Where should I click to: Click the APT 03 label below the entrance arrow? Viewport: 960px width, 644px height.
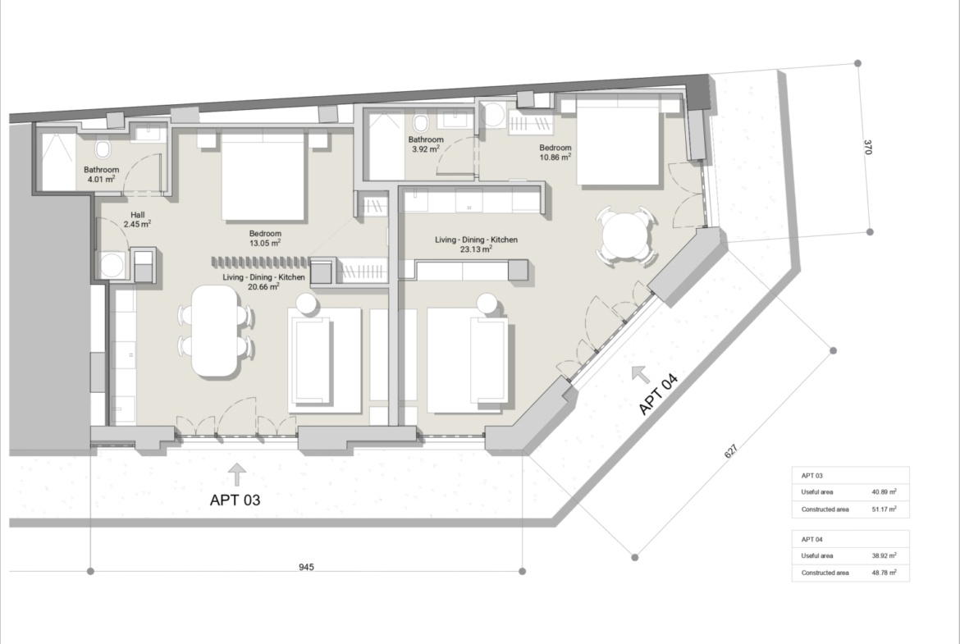[x=235, y=500]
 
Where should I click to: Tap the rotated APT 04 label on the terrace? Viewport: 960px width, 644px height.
[x=658, y=394]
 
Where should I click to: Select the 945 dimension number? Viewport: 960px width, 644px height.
[x=306, y=568]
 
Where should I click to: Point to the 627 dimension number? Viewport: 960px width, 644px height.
[x=731, y=451]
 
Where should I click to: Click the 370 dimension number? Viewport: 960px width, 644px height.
[x=867, y=148]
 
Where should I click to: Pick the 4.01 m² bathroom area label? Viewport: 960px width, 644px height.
[x=102, y=175]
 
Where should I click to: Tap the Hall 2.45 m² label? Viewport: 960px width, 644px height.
[x=137, y=220]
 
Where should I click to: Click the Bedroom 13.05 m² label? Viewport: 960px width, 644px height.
[x=265, y=238]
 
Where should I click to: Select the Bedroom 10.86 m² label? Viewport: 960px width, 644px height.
[x=555, y=152]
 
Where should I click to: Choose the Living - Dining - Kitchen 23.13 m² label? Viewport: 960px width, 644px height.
[x=477, y=244]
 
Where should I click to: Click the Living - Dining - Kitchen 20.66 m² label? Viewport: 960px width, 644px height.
[x=264, y=281]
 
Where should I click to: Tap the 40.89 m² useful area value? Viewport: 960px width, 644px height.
[x=884, y=491]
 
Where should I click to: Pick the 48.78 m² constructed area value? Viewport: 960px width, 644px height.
[x=884, y=573]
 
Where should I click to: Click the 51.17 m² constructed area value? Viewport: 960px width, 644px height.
[x=884, y=509]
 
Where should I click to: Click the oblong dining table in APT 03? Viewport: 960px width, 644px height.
[x=215, y=331]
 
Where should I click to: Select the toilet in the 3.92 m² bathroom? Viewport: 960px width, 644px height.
[x=420, y=123]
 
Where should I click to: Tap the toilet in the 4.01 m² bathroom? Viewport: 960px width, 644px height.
[x=103, y=148]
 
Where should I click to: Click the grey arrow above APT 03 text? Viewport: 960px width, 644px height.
[x=237, y=474]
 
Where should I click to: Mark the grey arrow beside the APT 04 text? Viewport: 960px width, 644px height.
[x=640, y=373]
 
